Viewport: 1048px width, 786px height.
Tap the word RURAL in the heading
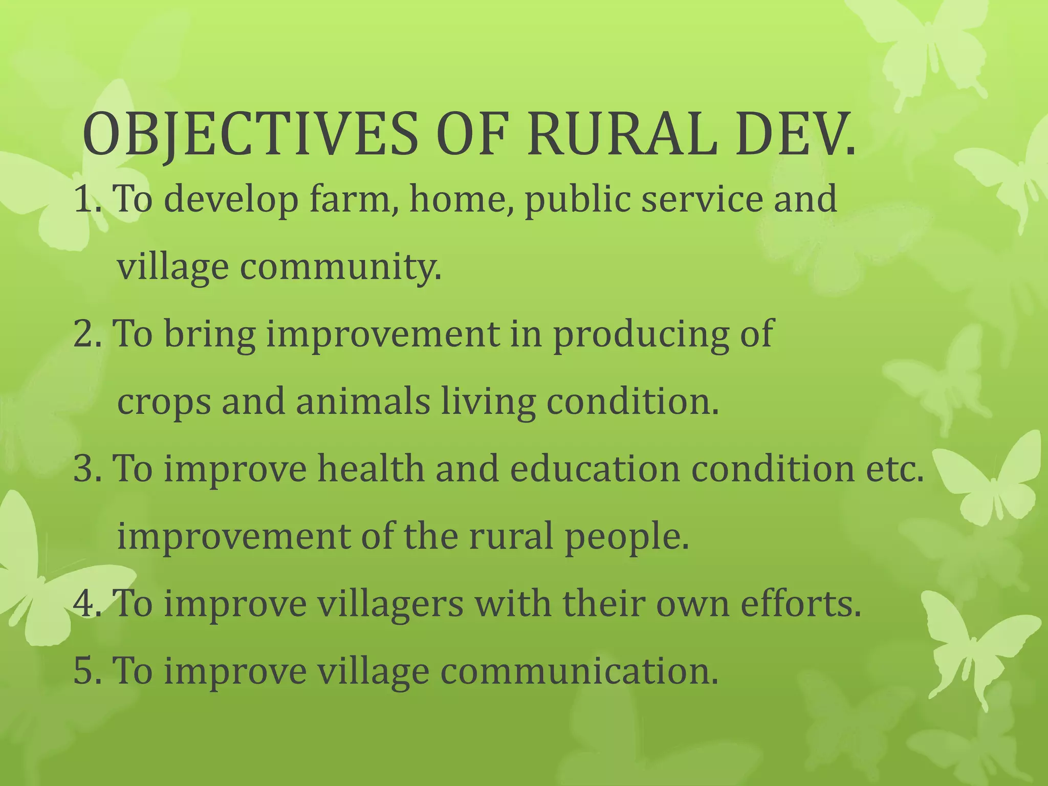[x=621, y=134]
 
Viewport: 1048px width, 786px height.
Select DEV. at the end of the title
[x=795, y=134]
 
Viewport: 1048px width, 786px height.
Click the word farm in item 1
[x=354, y=199]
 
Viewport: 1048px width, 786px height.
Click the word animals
[x=363, y=401]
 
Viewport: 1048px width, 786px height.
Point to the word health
[x=370, y=468]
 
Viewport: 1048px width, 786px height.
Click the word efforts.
[x=801, y=603]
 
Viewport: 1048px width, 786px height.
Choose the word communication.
[x=579, y=671]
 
